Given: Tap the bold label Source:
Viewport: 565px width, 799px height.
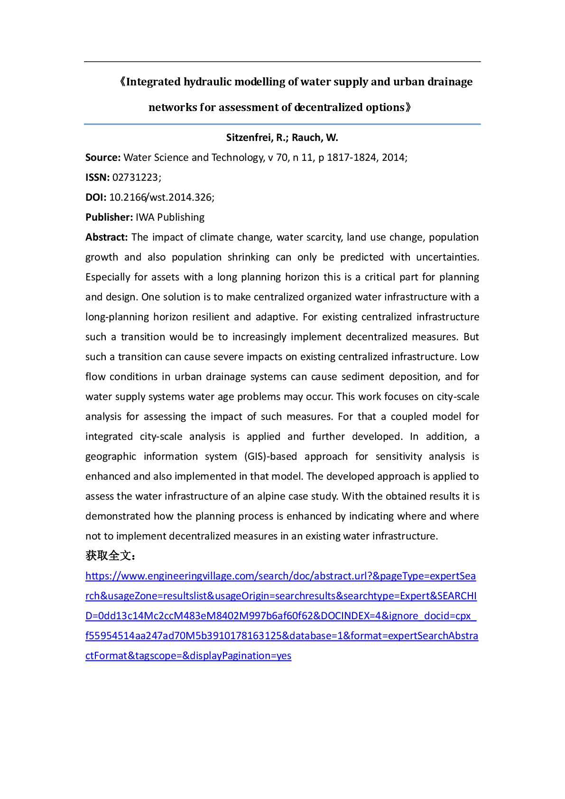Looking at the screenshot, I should point(103,158).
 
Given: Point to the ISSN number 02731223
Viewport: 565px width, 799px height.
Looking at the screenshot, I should point(135,177).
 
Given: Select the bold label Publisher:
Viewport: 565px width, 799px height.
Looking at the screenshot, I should point(109,217).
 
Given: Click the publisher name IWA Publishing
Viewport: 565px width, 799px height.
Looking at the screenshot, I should point(170,217).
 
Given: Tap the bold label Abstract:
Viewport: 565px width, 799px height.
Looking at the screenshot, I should point(106,237).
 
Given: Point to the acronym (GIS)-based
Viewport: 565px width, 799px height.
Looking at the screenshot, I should point(270,456).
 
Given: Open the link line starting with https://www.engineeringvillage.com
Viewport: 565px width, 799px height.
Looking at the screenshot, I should point(280,576).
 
